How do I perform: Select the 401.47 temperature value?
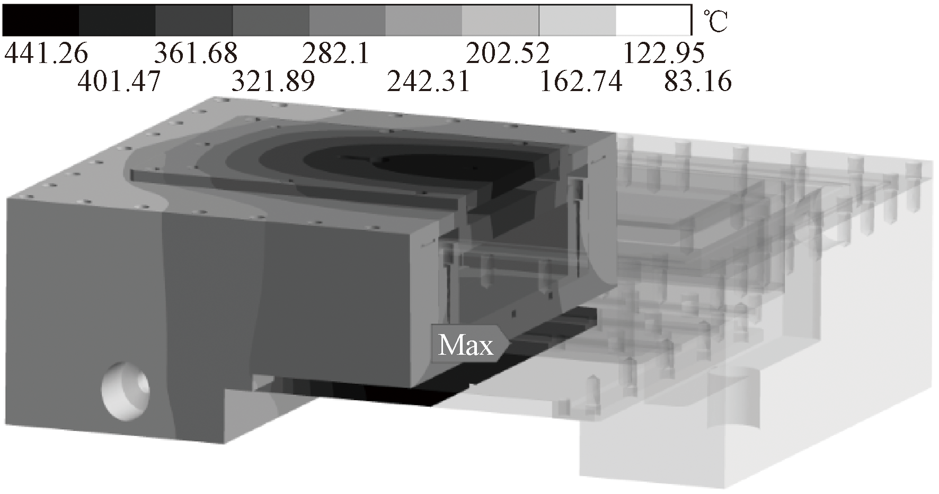(119, 82)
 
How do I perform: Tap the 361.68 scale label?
(196, 53)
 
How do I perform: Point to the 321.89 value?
(273, 82)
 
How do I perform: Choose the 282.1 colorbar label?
(335, 53)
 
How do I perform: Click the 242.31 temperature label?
(428, 82)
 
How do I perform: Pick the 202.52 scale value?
(508, 53)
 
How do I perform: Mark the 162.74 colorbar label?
(580, 82)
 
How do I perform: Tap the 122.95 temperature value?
(664, 53)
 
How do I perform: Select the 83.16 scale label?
(698, 82)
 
